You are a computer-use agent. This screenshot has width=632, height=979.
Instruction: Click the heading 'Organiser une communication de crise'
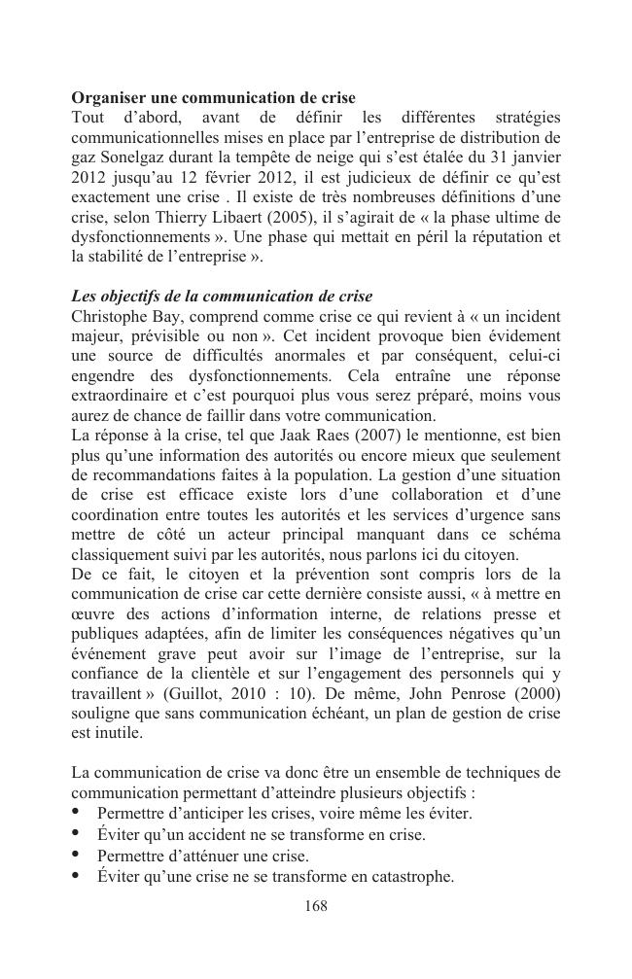[214, 98]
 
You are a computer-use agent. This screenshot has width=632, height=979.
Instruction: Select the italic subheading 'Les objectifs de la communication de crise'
[222, 297]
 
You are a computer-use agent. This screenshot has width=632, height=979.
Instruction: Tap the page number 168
[316, 906]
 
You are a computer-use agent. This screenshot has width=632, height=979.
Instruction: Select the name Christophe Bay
[123, 316]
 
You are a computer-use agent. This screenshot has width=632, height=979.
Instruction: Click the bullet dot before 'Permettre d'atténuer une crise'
[77, 856]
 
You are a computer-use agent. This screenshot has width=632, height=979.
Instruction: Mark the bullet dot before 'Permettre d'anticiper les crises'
[77, 813]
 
